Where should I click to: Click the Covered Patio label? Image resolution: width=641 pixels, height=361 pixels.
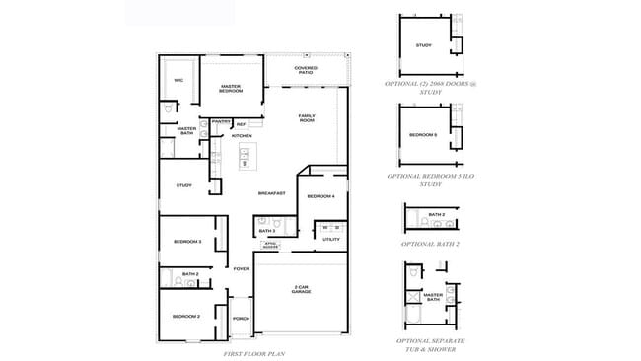306,70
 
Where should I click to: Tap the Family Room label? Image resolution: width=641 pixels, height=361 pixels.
307,117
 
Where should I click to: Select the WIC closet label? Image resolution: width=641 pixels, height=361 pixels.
178,81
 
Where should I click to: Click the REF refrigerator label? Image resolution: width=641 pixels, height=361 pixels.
240,124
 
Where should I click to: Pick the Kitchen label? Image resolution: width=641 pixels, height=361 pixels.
242,136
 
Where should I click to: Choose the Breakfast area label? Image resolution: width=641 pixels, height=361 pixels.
272,193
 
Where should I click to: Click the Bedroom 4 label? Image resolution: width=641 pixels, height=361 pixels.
320,197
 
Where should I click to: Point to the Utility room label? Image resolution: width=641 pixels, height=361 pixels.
330,240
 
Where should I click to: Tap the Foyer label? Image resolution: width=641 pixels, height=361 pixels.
242,268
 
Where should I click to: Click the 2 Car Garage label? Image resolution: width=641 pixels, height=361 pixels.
303,289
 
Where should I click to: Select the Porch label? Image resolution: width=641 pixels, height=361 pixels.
241,319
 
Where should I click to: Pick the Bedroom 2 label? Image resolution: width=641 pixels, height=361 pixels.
186,316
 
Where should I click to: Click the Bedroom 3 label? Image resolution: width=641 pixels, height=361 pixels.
187,242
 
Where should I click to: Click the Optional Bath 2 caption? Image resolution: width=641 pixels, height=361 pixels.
427,243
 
